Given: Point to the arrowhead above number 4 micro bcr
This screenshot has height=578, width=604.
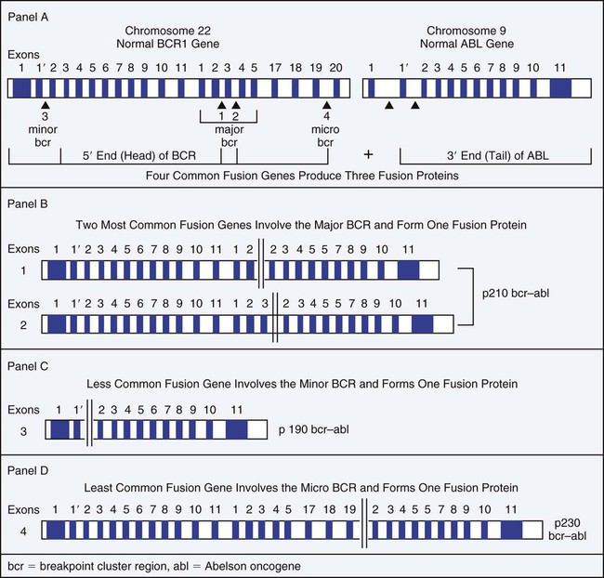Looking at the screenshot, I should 326,107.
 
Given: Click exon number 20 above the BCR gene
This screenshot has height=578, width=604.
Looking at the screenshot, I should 337,68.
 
